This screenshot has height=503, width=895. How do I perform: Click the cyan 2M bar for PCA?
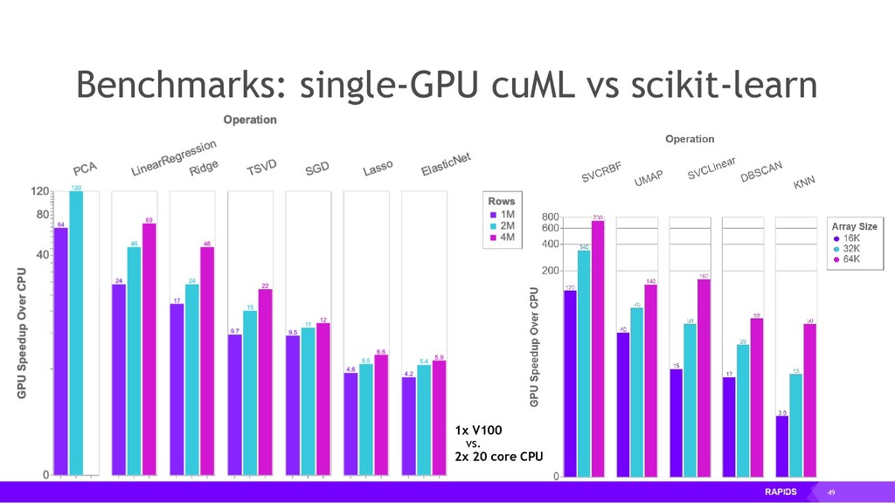point(76,332)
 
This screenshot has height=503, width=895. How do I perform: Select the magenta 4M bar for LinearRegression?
point(149,349)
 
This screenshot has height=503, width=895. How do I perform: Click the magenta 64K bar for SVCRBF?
point(598,348)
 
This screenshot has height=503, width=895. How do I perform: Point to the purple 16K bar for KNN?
point(782,446)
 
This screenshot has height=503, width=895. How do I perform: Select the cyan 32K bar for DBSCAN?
point(742,410)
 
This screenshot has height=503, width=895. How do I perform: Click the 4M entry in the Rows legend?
point(504,238)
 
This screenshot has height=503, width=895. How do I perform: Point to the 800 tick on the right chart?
point(549,217)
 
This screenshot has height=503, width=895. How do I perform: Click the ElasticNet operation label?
point(446,163)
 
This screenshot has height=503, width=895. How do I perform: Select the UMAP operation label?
point(649,178)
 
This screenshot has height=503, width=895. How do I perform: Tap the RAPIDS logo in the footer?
point(781,492)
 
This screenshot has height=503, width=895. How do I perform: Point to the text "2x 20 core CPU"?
point(499,456)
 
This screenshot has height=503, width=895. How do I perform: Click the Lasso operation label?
point(378,167)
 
